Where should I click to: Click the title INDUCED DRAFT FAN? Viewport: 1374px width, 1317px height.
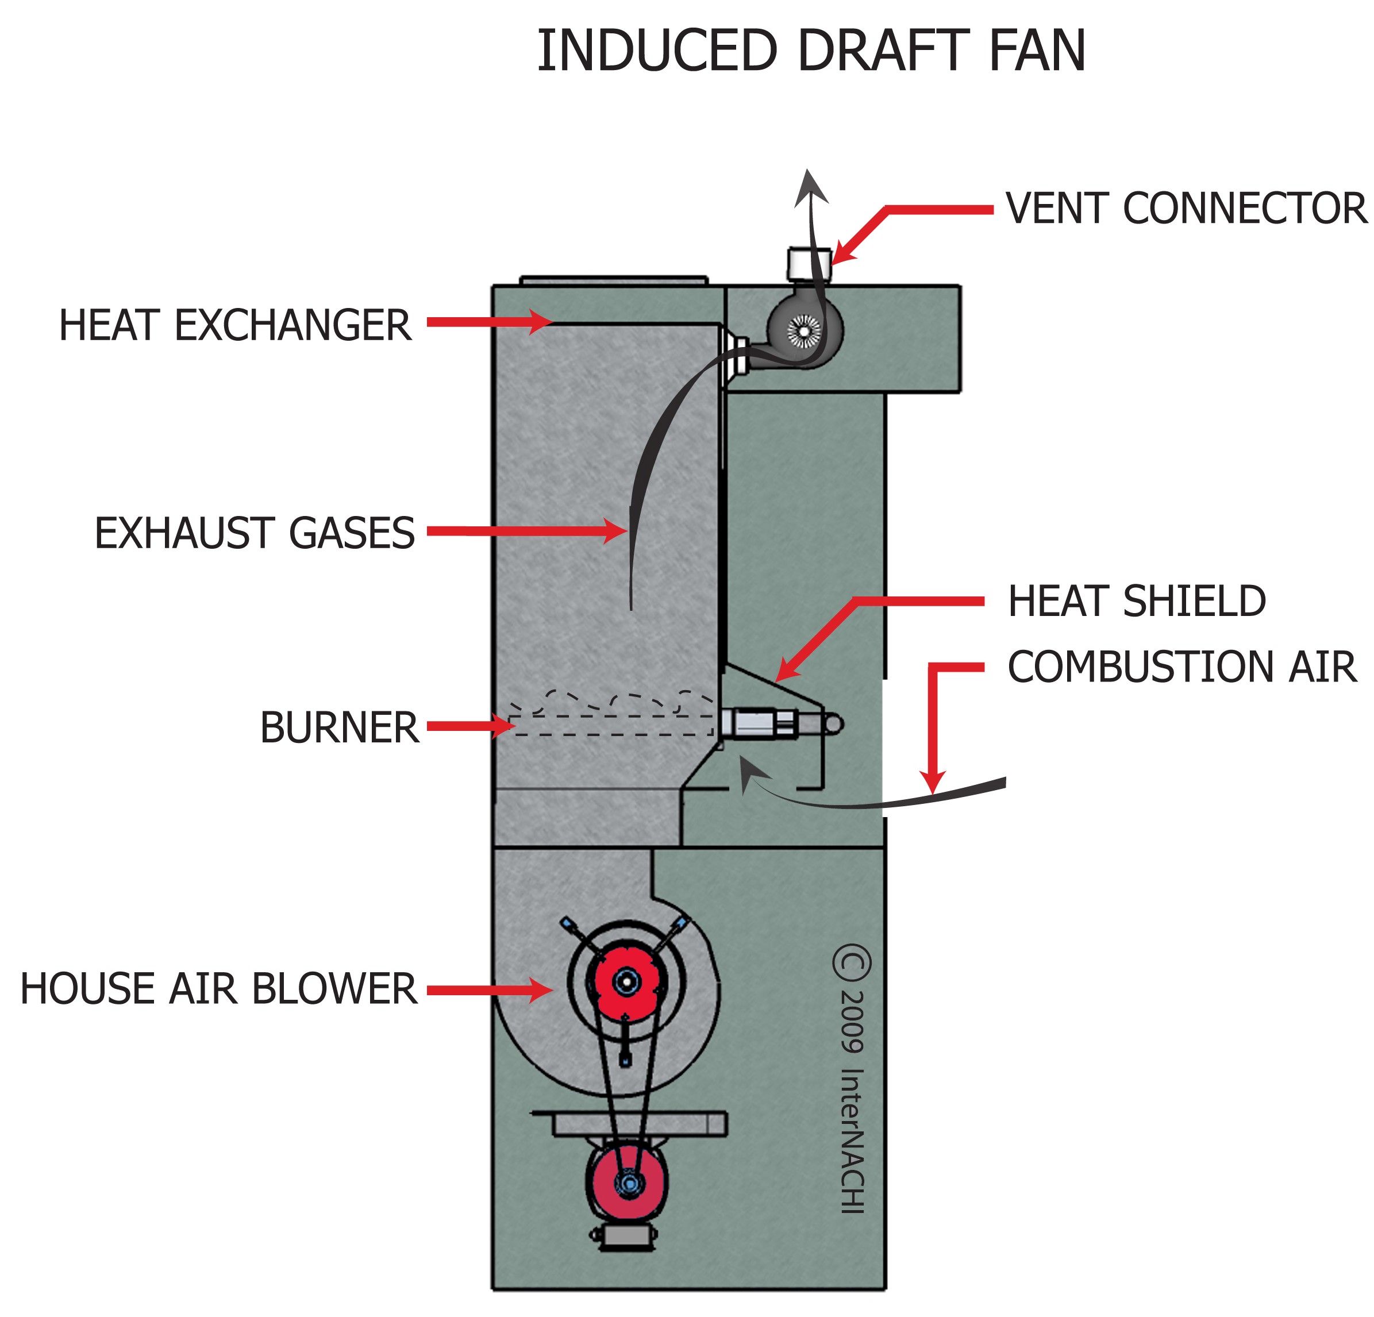pos(811,51)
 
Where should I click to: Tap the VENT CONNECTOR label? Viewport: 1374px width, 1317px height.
pos(1186,208)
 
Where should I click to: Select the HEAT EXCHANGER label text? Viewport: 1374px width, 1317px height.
pos(235,325)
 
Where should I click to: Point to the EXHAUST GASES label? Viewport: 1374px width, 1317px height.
pos(255,533)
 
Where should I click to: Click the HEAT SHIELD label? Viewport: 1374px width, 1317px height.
pos(1136,602)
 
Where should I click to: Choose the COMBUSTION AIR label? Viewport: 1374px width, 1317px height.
pos(1182,667)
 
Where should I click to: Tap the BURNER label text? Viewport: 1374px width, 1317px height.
pos(339,727)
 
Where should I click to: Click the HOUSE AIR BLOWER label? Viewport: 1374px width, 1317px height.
pos(218,989)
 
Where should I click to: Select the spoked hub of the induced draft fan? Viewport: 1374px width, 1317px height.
pos(804,329)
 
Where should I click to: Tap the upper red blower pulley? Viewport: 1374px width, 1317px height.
pos(626,981)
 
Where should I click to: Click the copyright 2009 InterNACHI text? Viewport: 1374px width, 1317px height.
pos(852,1079)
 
